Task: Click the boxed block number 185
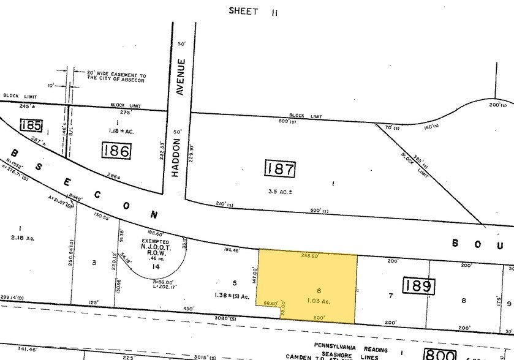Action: tap(30, 126)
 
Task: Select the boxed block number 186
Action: tap(117, 149)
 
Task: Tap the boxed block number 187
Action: tap(280, 169)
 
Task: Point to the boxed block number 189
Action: tap(418, 285)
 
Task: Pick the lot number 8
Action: tap(464, 300)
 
